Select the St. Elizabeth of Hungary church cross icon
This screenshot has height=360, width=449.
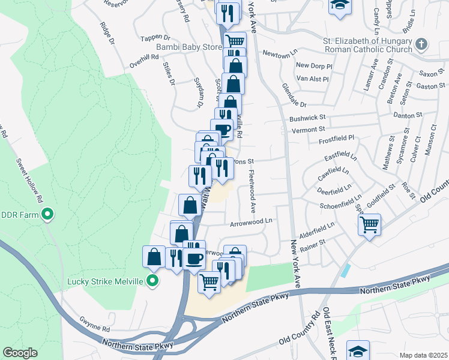click(422, 44)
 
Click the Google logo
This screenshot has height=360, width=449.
click(20, 353)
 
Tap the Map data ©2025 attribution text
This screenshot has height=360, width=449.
click(423, 355)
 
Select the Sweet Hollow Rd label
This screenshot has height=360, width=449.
click(30, 179)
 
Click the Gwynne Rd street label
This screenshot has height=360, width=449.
click(97, 329)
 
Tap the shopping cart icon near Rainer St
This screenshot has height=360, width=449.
click(369, 225)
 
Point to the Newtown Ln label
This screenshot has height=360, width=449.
click(279, 53)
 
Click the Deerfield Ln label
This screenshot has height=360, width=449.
click(334, 190)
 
